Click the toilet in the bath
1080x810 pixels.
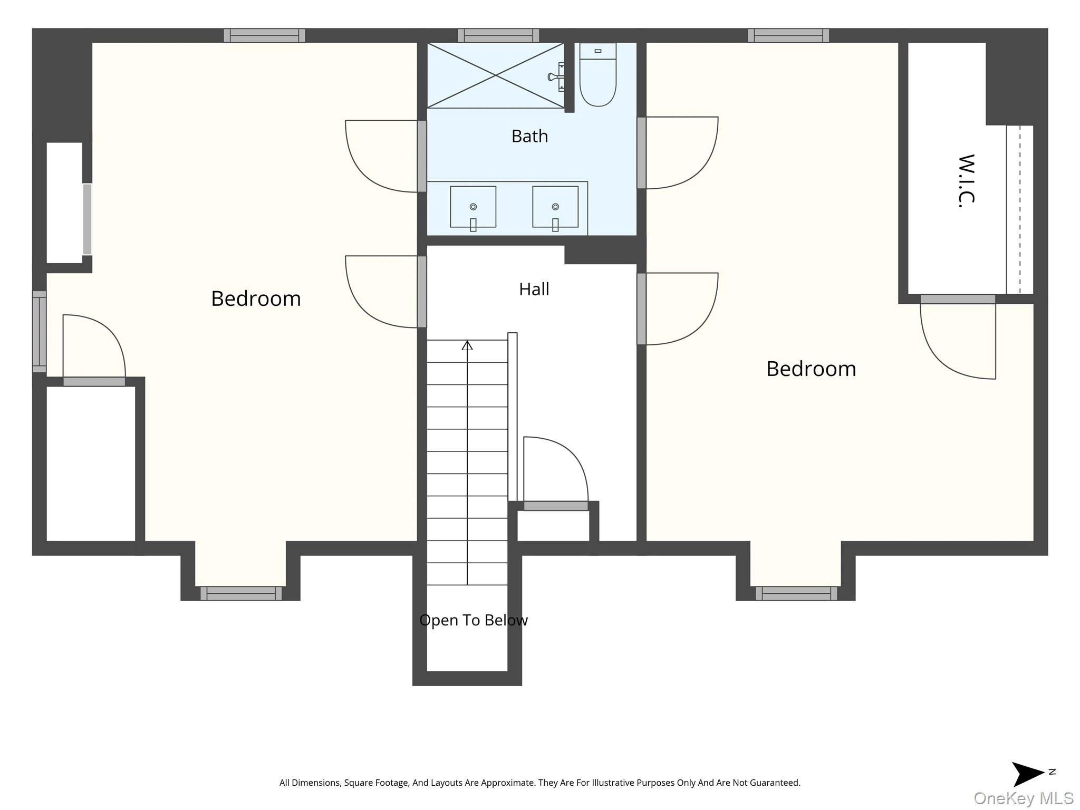pos(597,74)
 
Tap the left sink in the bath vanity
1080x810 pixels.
pos(473,207)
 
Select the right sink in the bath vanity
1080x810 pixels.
pos(555,207)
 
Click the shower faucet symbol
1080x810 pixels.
pos(556,77)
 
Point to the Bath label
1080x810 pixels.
pos(529,136)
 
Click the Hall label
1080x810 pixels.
pos(534,289)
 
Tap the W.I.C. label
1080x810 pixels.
pos(966,181)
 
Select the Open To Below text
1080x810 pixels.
pos(474,620)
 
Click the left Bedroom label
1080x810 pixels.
pos(256,298)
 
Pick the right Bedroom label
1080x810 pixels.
pos(811,369)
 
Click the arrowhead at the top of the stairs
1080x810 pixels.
pos(467,345)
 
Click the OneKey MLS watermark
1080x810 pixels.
pos(1024,798)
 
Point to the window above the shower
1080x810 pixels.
pos(498,35)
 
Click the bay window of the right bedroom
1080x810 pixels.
pos(796,593)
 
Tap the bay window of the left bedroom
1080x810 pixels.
pos(241,593)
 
